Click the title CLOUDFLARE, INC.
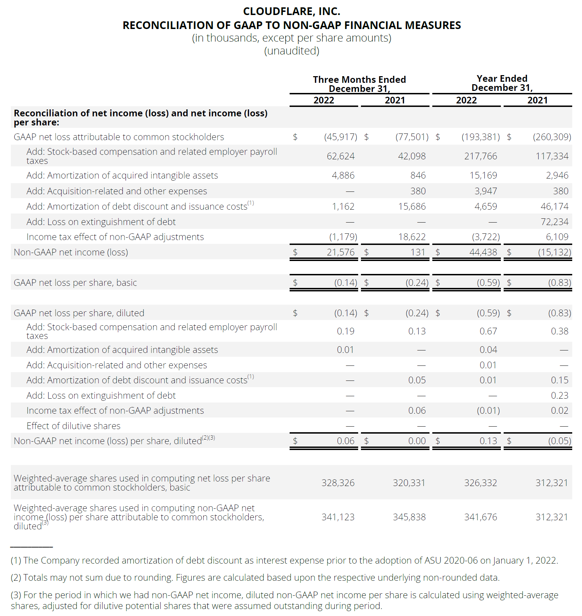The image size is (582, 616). (x=291, y=12)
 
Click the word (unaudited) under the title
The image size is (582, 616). (x=291, y=51)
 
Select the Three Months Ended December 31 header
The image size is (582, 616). (x=359, y=84)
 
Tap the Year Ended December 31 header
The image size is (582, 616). (x=502, y=83)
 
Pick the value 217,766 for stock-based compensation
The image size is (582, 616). (x=481, y=156)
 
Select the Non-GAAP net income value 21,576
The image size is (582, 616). (x=340, y=252)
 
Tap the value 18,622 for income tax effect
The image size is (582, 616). (x=412, y=237)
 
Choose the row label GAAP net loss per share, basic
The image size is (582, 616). (x=75, y=283)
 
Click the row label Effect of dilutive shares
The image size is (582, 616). (x=73, y=426)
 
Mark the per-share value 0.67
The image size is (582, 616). (x=488, y=331)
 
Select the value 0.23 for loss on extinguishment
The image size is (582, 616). (x=559, y=396)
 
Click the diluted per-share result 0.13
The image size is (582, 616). (x=488, y=441)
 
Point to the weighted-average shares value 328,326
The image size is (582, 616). (x=338, y=483)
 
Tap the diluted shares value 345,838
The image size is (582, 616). (x=409, y=517)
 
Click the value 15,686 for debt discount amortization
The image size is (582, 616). (x=412, y=206)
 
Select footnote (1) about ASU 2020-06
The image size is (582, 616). (x=284, y=560)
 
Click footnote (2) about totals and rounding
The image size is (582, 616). (x=255, y=578)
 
